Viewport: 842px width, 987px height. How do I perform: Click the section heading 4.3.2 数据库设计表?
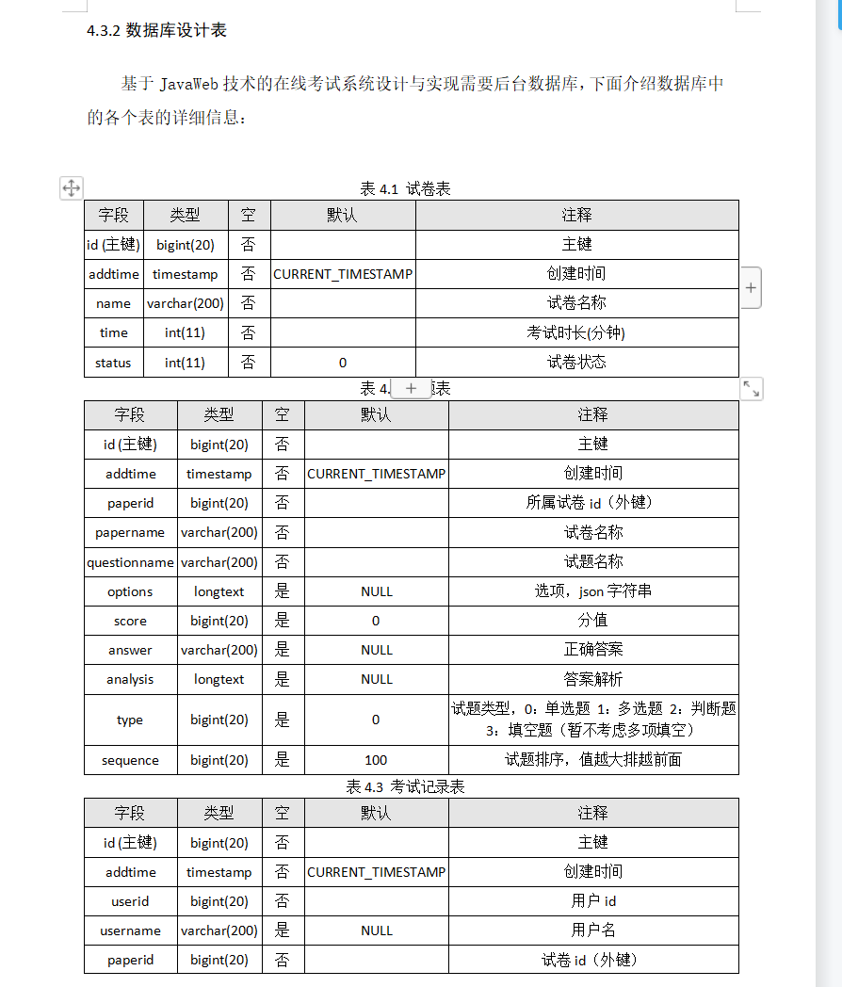pyautogui.click(x=156, y=30)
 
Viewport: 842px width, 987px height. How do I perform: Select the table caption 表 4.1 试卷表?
pyautogui.click(x=406, y=188)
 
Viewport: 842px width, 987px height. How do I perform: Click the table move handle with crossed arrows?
pyautogui.click(x=72, y=188)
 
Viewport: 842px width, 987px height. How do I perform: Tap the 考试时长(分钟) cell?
pyautogui.click(x=576, y=332)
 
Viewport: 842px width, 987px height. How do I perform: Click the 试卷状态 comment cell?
pyautogui.click(x=576, y=363)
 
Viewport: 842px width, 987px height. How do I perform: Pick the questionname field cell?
pyautogui.click(x=130, y=562)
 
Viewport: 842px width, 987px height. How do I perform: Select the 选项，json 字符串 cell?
pyautogui.click(x=593, y=591)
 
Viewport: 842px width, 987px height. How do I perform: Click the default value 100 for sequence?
pyautogui.click(x=376, y=760)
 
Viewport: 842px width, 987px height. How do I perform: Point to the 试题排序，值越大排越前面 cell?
pyautogui.click(x=593, y=760)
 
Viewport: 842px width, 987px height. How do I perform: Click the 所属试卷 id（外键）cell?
pyautogui.click(x=593, y=503)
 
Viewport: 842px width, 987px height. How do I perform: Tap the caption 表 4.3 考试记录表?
pyautogui.click(x=406, y=786)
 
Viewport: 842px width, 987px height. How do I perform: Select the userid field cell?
pyautogui.click(x=130, y=901)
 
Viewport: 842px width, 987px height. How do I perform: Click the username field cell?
pyautogui.click(x=130, y=930)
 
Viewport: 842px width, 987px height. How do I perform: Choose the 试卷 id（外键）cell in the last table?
pyautogui.click(x=593, y=960)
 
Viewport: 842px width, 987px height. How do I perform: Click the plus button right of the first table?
pyautogui.click(x=751, y=288)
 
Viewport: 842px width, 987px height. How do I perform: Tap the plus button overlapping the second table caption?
pyautogui.click(x=411, y=388)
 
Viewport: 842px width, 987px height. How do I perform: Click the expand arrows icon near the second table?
pyautogui.click(x=751, y=388)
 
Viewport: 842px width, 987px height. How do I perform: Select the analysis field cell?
pyautogui.click(x=130, y=679)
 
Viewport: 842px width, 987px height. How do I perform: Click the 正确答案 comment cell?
pyautogui.click(x=593, y=650)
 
